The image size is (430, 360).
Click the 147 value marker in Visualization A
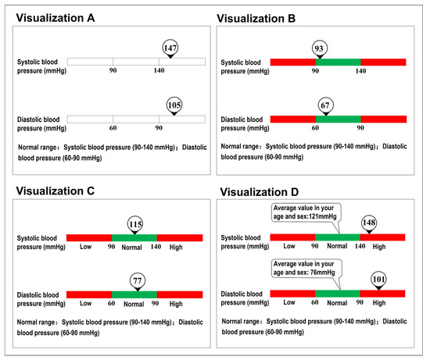coord(170,48)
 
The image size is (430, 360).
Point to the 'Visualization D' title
coord(271,192)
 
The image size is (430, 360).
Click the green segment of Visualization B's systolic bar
coord(338,61)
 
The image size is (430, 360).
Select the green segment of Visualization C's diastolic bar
coord(134,294)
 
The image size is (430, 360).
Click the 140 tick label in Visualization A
coord(159,71)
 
